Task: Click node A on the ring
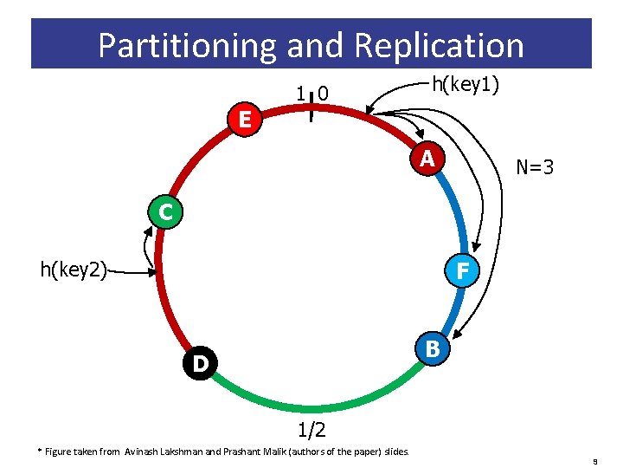tap(427, 159)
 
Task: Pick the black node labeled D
tap(200, 362)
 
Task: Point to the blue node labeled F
tap(463, 271)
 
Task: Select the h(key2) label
tap(74, 270)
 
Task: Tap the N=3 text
tap(535, 166)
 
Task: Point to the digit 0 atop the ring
tap(323, 93)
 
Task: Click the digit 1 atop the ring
tap(299, 93)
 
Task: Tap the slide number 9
tap(594, 461)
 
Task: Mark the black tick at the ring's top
tap(311, 102)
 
